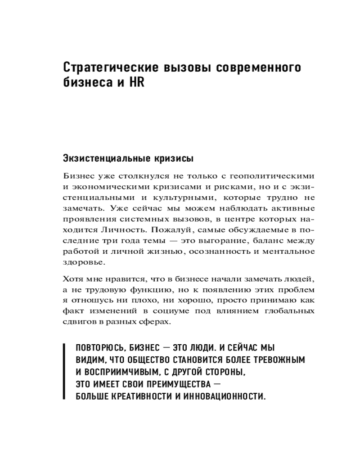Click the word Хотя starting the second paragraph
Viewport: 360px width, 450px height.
point(73,279)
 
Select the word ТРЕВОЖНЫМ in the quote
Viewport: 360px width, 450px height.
point(279,360)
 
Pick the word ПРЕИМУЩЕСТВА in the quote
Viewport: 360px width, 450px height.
point(172,384)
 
